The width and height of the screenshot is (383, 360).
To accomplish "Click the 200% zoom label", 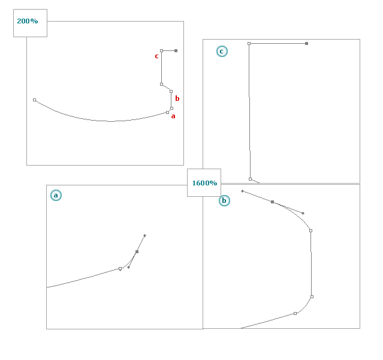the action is (28, 21).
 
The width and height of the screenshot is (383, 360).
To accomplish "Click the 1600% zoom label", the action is (204, 183).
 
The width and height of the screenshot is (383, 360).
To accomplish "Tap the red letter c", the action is (156, 56).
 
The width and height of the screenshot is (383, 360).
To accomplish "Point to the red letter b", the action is (177, 98).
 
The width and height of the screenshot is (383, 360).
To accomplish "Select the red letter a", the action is (173, 116).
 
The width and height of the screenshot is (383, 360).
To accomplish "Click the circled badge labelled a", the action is (56, 196).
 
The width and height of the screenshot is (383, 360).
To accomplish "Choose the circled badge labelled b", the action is (224, 200).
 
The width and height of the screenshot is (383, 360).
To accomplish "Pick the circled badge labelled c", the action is (222, 52).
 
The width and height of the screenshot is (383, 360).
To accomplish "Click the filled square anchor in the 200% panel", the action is (176, 50).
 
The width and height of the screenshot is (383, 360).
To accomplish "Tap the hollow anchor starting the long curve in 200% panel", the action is (34, 100).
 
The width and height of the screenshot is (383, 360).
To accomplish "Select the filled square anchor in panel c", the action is (306, 44).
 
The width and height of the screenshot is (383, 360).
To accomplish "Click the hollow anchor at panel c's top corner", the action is (249, 44).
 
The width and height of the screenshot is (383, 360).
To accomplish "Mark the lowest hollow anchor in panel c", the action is (250, 179).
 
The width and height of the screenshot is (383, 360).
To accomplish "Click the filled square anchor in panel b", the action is (272, 202).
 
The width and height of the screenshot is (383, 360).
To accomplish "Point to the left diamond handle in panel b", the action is (242, 191).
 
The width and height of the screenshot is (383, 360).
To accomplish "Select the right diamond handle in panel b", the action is (303, 213).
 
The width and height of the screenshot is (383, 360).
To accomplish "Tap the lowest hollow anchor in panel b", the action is (295, 313).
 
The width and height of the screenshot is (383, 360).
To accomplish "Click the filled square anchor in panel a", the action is (137, 251).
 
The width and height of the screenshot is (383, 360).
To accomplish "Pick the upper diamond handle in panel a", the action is (144, 236).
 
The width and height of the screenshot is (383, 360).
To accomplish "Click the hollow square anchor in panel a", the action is (120, 269).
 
